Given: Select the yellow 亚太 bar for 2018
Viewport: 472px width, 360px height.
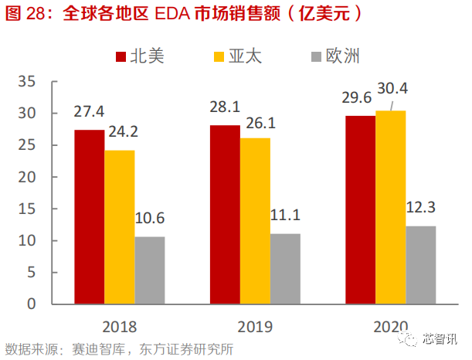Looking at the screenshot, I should coord(120,226).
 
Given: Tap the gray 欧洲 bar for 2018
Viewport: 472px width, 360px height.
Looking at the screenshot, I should coord(150,270).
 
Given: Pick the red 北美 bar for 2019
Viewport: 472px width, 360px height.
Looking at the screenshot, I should coord(225,214).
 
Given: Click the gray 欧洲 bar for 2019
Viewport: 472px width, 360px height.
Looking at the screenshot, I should coord(285,268).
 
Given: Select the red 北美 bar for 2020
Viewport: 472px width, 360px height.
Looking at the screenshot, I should coord(360,209).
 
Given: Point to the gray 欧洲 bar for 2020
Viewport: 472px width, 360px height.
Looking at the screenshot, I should coord(421,264).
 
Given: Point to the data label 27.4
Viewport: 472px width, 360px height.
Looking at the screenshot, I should coord(90,112).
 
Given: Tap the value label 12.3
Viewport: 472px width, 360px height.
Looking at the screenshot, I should coord(422,207).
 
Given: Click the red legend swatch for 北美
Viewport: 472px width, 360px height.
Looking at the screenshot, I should coord(121,56).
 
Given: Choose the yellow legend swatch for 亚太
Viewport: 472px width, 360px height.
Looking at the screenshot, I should coord(219,56).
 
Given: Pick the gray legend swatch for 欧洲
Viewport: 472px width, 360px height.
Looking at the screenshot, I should coord(316,56).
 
